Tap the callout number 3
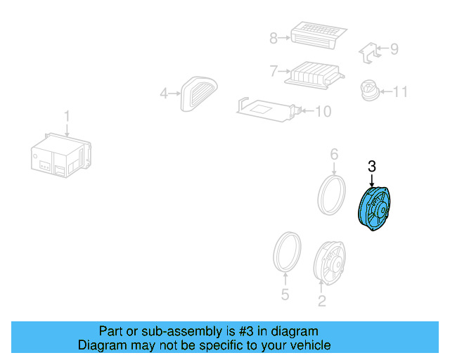(x=372, y=167)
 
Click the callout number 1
(x=67, y=115)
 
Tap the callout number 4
(x=164, y=92)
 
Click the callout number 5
(x=285, y=295)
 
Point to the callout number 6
(x=334, y=154)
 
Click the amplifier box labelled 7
(x=314, y=73)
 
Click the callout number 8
(x=274, y=37)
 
